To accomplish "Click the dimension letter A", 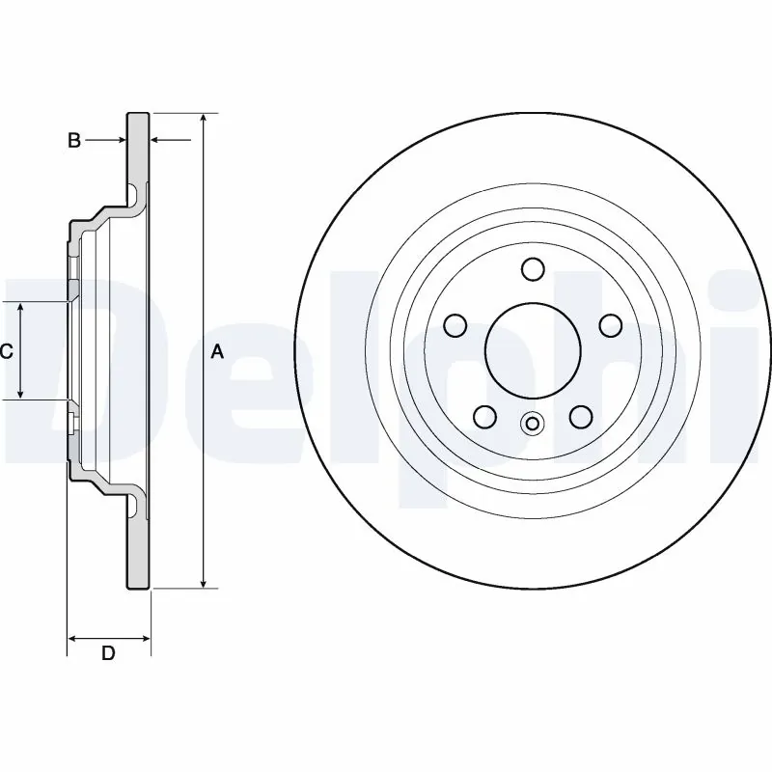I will (217, 352).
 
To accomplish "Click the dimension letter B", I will (73, 141).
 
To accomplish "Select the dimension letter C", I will (6, 352).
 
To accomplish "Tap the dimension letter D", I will (108, 653).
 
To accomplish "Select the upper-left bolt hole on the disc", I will (455, 325).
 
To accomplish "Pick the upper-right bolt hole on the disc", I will (610, 325).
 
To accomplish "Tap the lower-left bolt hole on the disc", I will (484, 416).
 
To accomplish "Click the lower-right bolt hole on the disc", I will (580, 416).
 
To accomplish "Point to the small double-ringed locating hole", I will (532, 423).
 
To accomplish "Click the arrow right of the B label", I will (119, 141).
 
